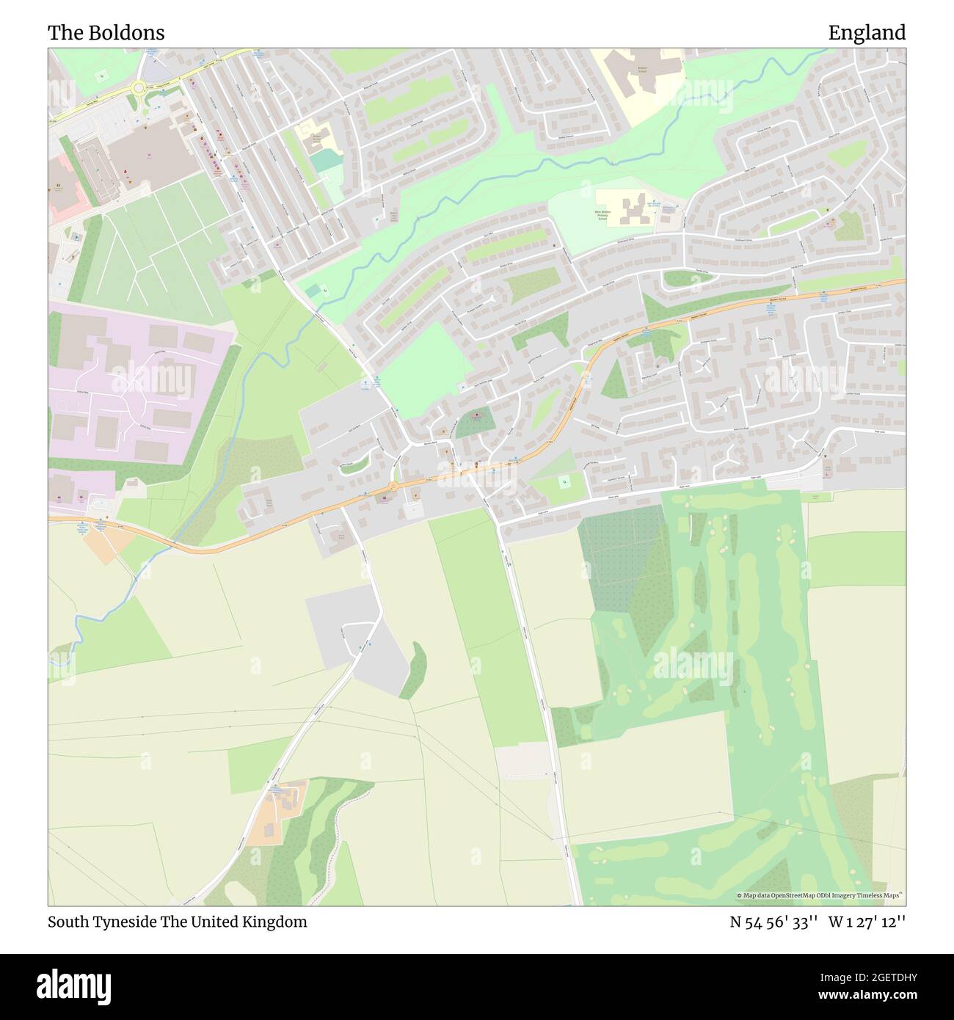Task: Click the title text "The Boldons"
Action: [106, 33]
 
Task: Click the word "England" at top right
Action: [867, 33]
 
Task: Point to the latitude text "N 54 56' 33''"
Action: [773, 922]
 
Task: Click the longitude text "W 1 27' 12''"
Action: [867, 922]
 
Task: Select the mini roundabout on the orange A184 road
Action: [393, 487]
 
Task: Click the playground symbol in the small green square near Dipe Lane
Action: [564, 482]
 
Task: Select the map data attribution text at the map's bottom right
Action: [819, 895]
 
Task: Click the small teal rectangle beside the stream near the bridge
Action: [313, 291]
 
